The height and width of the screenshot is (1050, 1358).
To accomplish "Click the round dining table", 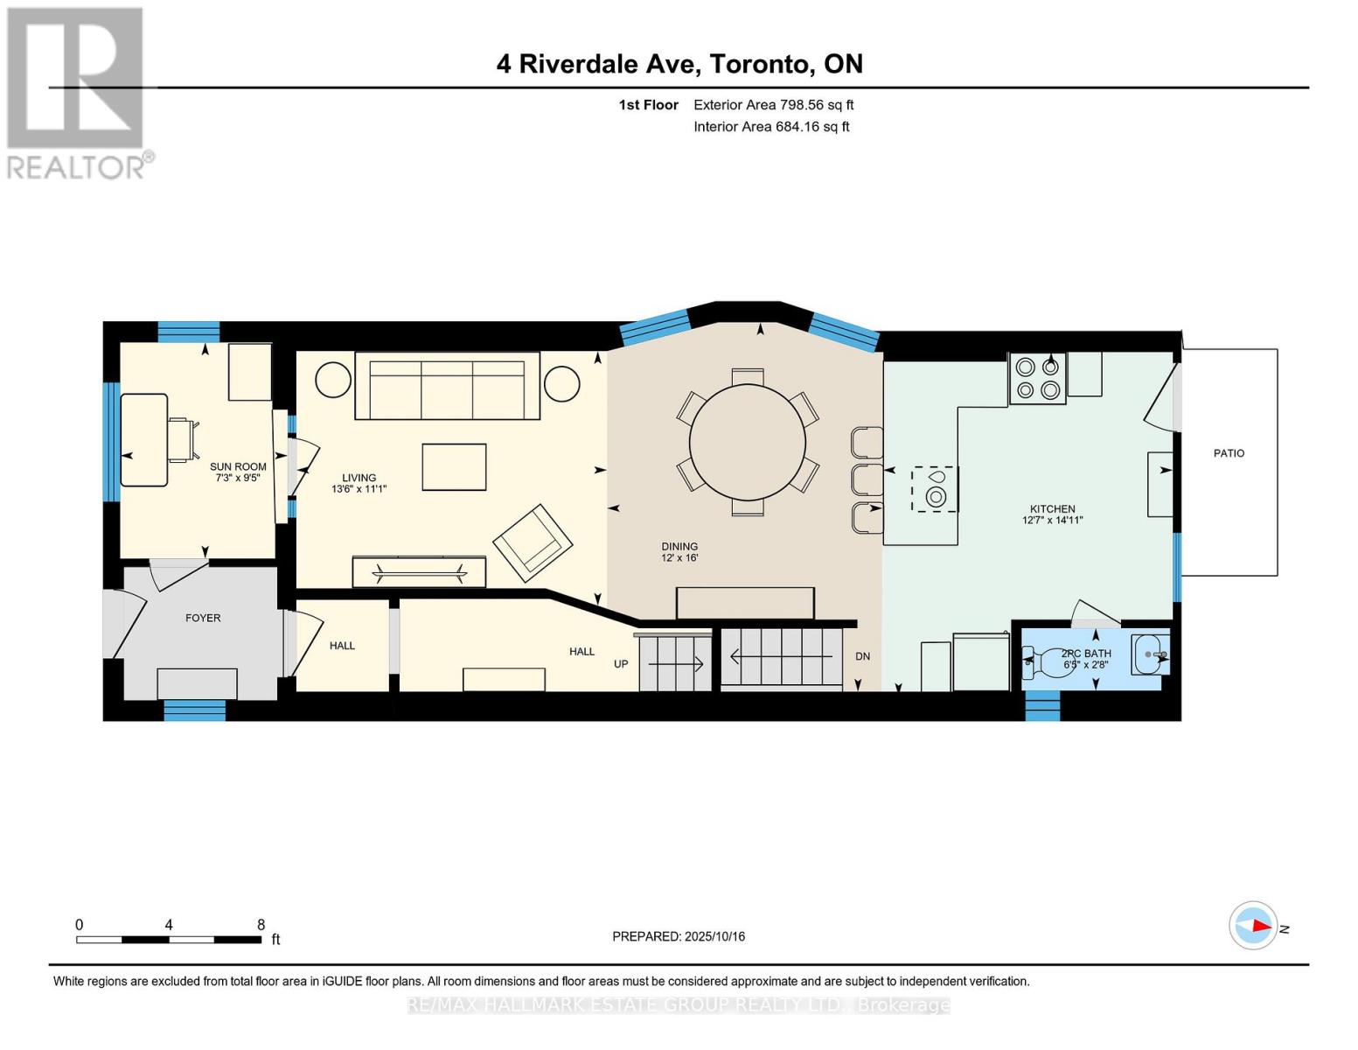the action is click(748, 442).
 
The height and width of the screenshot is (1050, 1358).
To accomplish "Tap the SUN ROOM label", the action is click(238, 466).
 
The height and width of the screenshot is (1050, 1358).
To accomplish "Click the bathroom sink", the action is click(1150, 654).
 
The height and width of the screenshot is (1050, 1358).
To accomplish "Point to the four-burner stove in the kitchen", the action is click(1037, 378).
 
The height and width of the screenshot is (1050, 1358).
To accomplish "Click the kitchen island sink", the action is click(934, 489).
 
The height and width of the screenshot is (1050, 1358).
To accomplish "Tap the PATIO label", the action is click(1229, 453).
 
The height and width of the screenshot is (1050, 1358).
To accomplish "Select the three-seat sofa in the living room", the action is click(447, 386).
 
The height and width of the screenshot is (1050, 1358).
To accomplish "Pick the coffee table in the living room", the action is click(454, 466).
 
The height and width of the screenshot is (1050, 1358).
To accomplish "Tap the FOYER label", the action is click(203, 618).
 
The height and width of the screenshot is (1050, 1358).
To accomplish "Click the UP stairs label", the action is click(621, 664).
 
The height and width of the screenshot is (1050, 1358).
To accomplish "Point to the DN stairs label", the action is click(862, 656).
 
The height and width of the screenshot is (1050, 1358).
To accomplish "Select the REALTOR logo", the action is click(78, 93).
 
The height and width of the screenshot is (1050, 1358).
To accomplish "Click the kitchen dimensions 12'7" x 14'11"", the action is click(1053, 520).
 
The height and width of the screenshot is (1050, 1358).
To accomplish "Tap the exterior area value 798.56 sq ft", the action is click(816, 105).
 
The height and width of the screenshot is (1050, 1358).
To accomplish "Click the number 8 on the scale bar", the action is click(261, 924).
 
